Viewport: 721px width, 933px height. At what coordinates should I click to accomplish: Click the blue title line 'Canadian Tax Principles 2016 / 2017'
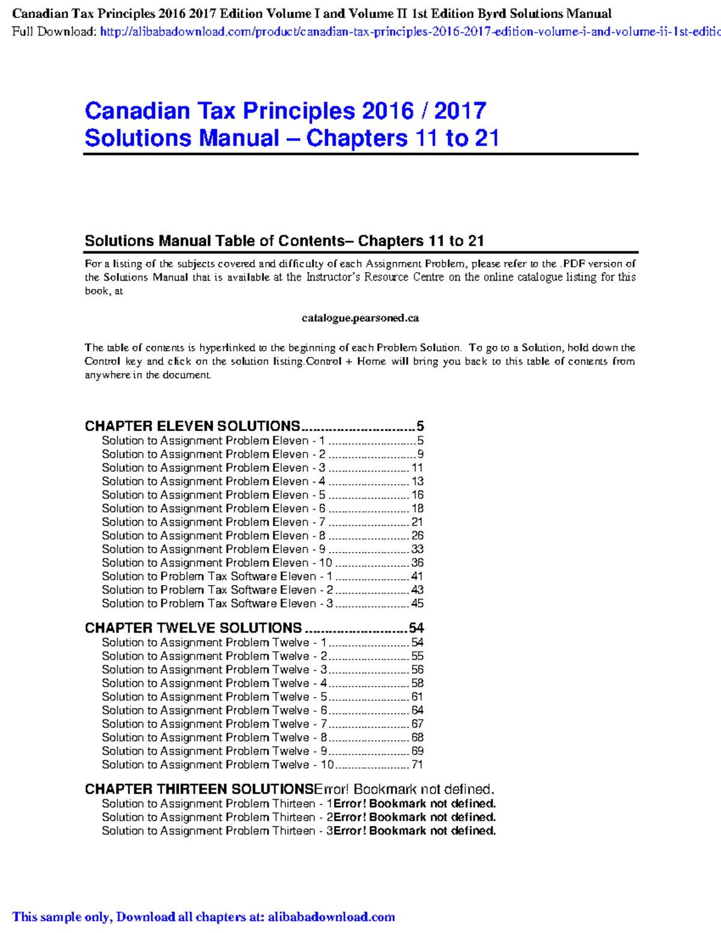pos(285,111)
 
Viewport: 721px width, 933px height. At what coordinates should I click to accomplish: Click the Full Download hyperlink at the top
pos(409,32)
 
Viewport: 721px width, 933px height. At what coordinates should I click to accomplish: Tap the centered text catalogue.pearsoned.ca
pos(360,318)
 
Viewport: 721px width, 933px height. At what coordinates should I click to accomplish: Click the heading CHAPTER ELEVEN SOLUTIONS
pos(192,426)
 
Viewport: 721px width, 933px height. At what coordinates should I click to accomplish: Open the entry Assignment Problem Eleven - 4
pos(213,481)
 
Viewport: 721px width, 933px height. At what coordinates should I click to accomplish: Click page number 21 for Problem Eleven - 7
pos(417,522)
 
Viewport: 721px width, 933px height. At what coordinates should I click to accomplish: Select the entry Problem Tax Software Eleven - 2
pos(217,590)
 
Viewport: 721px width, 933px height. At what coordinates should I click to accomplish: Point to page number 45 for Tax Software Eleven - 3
pos(417,603)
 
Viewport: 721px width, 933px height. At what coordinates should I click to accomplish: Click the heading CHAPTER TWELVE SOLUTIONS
pos(193,628)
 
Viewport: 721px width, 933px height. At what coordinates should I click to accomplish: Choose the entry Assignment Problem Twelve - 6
pos(214,710)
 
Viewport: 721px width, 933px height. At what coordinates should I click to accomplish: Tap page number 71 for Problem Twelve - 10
pos(417,765)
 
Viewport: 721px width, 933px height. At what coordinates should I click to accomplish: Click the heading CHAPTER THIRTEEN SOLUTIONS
pos(199,789)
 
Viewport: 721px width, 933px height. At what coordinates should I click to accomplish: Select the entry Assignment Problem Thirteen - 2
pos(217,817)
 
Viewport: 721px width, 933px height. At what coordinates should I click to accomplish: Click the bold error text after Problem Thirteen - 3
pos(415,831)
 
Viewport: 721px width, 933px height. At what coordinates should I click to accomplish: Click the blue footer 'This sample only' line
pos(204,917)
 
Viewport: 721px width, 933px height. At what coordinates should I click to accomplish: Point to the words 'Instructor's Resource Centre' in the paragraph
pos(375,277)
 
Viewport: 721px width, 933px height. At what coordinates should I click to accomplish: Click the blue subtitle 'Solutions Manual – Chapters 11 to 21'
pos(291,138)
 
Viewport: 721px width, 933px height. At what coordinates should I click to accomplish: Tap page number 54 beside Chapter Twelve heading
pos(416,628)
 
